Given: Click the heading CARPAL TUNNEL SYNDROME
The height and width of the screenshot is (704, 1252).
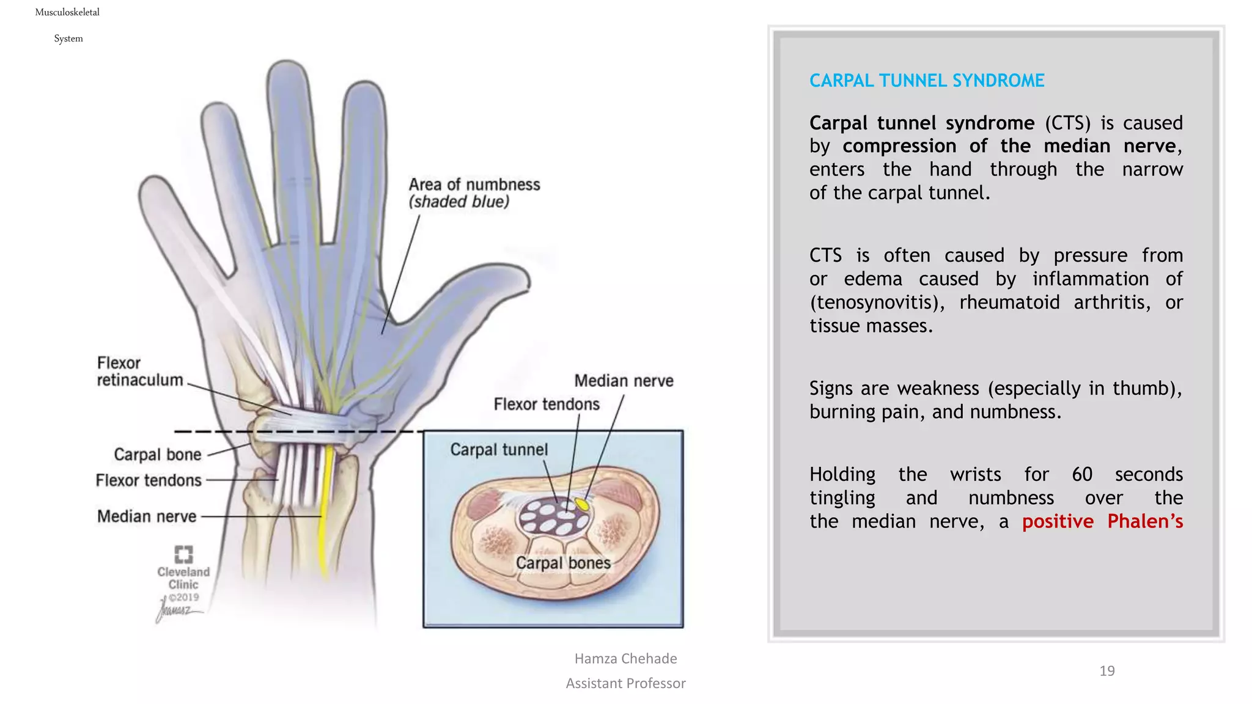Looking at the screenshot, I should [x=926, y=81].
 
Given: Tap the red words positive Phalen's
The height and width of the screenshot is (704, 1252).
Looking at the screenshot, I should [x=1102, y=521].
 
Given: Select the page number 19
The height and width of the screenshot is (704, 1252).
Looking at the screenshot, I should [x=1107, y=671].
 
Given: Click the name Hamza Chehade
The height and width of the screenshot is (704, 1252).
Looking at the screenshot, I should [x=625, y=659].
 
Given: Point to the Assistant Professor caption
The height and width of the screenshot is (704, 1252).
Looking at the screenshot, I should [x=625, y=683].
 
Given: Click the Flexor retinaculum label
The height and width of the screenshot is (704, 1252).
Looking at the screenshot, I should [x=139, y=372].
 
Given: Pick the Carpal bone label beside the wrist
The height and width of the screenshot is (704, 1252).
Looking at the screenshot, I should [x=157, y=455].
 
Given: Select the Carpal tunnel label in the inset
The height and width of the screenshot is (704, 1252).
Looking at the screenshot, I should [x=499, y=450].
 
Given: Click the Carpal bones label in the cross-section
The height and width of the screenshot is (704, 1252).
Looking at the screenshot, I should [x=563, y=563].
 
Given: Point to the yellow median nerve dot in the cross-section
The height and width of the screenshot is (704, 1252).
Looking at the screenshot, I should [x=583, y=505].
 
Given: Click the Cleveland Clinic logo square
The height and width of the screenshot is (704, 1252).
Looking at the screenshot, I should [x=183, y=554].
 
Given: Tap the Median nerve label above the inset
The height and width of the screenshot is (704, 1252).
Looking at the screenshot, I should [x=624, y=381].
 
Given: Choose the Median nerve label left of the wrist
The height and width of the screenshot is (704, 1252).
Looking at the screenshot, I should [x=147, y=516].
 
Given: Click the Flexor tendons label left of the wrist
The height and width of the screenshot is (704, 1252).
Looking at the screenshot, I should [x=149, y=480].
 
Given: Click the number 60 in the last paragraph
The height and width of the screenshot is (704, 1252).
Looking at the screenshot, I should [x=1081, y=474].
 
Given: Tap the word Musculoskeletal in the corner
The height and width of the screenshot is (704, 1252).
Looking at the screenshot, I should [x=67, y=12].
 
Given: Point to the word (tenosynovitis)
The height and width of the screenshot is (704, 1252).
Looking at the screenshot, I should [x=877, y=302].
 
